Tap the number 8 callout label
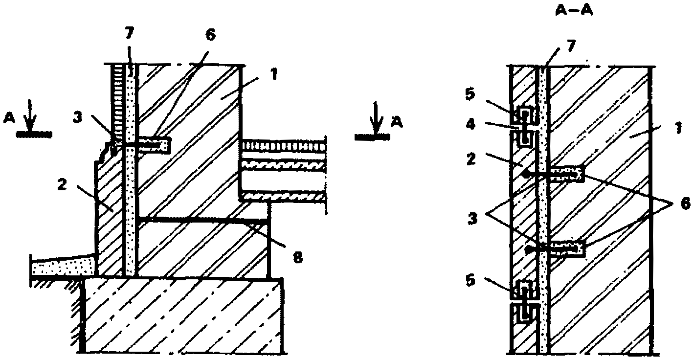coord(297,257)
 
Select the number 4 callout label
coord(470,125)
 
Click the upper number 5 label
coord(470,94)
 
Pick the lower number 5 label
coord(470,281)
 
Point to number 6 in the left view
coord(210,35)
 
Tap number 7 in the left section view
coord(130,33)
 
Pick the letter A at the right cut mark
coord(397,123)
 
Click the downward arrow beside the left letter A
coord(30,115)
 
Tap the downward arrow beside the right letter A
coord(376,118)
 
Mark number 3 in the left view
coord(78,117)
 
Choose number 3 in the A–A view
coord(472,219)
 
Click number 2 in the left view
coord(62,185)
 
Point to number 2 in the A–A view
coord(470,159)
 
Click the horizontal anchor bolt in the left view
coord(139,145)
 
